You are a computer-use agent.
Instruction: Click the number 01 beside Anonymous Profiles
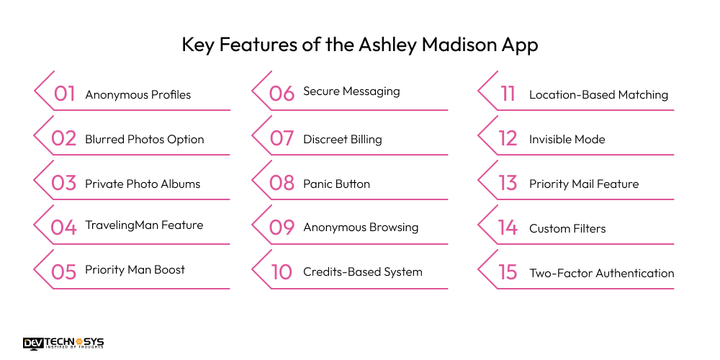[x=65, y=94]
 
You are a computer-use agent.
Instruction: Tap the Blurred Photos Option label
[x=144, y=139]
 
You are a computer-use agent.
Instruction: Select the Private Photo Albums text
[x=143, y=184]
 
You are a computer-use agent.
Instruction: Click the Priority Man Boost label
[x=135, y=269]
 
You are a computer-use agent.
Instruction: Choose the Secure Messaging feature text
[x=351, y=91]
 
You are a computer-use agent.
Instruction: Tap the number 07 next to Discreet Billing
[x=282, y=138]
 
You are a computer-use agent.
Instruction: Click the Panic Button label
[x=336, y=184]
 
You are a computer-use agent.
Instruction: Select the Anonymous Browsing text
[x=361, y=228]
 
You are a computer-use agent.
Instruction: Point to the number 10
[x=282, y=272]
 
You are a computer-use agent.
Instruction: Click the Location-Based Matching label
[x=598, y=94]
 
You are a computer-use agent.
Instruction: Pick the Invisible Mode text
[x=567, y=139]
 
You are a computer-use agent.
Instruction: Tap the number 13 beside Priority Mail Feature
[x=508, y=183]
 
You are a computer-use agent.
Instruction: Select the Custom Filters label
[x=567, y=228]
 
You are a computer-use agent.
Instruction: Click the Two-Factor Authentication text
[x=601, y=273]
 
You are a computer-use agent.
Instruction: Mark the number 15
[x=508, y=272]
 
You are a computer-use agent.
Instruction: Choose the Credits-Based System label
[x=362, y=272]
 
